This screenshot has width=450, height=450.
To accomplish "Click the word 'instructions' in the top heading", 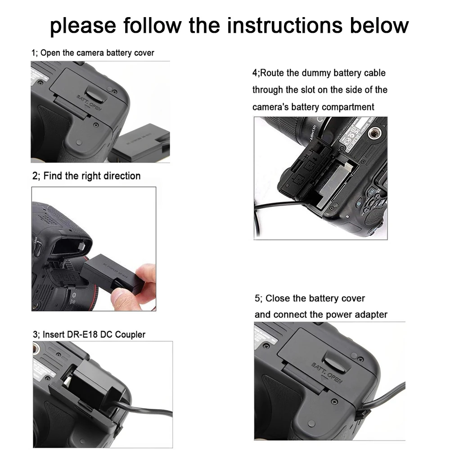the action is pos(285,25).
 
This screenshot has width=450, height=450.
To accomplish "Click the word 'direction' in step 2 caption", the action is pos(122,176).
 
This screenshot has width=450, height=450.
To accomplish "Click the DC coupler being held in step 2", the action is pos(112,274).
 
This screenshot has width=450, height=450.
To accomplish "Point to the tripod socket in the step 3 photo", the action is pos(36,349).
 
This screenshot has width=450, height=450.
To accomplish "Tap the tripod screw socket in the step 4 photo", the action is pos(373,133).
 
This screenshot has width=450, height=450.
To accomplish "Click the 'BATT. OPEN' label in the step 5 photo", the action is pos(327,373).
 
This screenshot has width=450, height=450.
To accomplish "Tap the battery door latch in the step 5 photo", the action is pos(335,362).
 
